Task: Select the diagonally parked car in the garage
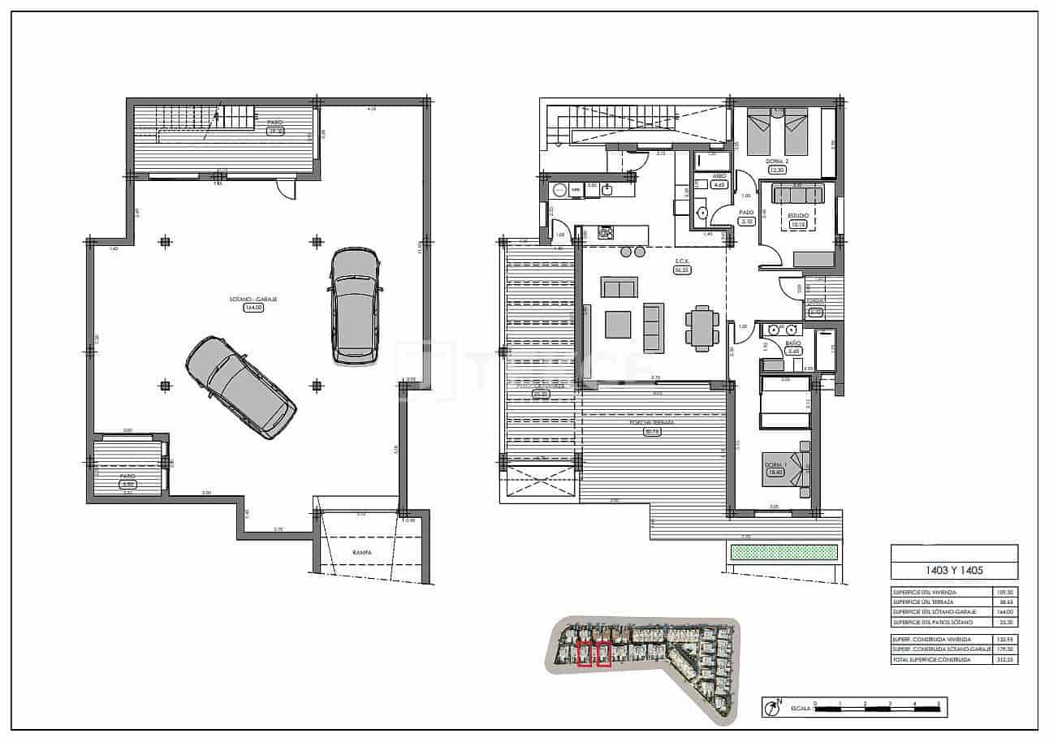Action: click(x=241, y=388)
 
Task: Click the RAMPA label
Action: click(x=362, y=552)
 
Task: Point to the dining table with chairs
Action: click(x=701, y=327)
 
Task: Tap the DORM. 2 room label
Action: click(x=778, y=161)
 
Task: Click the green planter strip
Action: click(x=783, y=552)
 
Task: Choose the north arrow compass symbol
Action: click(x=769, y=708)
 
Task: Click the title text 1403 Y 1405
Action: click(x=954, y=570)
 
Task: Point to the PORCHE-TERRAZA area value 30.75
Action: click(x=651, y=432)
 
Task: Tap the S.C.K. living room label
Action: click(x=681, y=262)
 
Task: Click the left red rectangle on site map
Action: click(x=585, y=654)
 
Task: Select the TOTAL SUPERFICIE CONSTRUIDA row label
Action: click(x=931, y=660)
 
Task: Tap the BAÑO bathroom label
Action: click(x=793, y=343)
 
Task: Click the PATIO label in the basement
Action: click(x=127, y=476)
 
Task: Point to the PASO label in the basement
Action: click(x=274, y=122)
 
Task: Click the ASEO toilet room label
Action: click(x=719, y=175)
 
